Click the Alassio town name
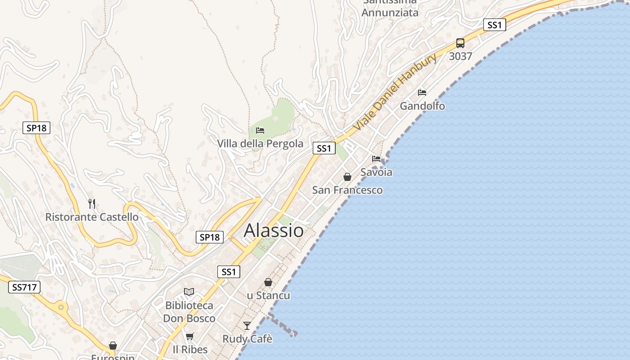[x=274, y=230]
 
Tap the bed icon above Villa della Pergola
[x=260, y=130]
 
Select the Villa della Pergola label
[x=260, y=144]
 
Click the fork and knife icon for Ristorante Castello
[x=92, y=204]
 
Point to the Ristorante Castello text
[x=92, y=217]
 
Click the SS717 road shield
[x=24, y=287]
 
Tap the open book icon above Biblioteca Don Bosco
[x=189, y=292]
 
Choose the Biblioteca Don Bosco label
[x=189, y=312]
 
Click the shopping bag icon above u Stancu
[x=268, y=282]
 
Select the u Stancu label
[x=268, y=296]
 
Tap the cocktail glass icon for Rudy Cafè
[x=247, y=325]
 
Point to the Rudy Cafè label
[x=247, y=339]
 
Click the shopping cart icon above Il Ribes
[x=190, y=336]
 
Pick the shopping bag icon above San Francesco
[x=347, y=176]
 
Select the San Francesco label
[x=347, y=190]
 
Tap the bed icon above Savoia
[x=376, y=158]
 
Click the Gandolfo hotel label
[x=422, y=106]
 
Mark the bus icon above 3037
[x=460, y=43]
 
